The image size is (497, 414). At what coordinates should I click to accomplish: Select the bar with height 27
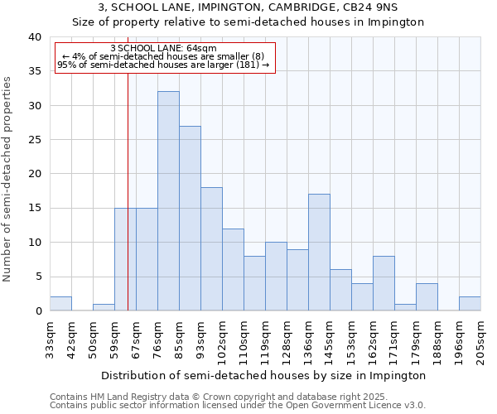pos(190,219)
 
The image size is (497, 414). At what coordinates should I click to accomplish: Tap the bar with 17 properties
pos(319,253)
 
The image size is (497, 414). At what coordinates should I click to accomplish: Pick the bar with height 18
pos(211,249)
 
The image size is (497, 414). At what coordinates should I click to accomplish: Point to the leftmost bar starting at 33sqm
pos(60,304)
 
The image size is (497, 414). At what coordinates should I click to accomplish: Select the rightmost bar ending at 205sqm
pos(470,304)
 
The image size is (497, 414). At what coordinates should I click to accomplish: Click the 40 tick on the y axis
pos(34,37)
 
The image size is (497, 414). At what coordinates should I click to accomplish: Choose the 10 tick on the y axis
pos(34,243)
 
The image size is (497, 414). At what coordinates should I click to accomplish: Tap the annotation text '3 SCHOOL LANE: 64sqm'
pos(162,48)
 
